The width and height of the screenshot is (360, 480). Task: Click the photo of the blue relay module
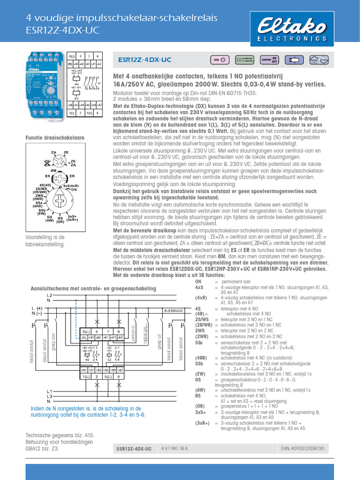tap(45, 85)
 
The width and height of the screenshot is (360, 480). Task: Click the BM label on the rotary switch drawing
tap(53, 171)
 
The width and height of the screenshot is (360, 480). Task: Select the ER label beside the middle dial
tap(72, 176)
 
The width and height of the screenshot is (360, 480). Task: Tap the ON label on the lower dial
tap(73, 189)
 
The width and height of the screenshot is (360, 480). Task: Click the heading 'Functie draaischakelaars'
tap(54, 138)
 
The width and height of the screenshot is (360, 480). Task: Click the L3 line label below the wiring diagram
tap(49, 397)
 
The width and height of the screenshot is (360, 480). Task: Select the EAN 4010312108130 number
tap(302, 449)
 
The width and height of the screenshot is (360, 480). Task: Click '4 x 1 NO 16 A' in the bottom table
tap(174, 449)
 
